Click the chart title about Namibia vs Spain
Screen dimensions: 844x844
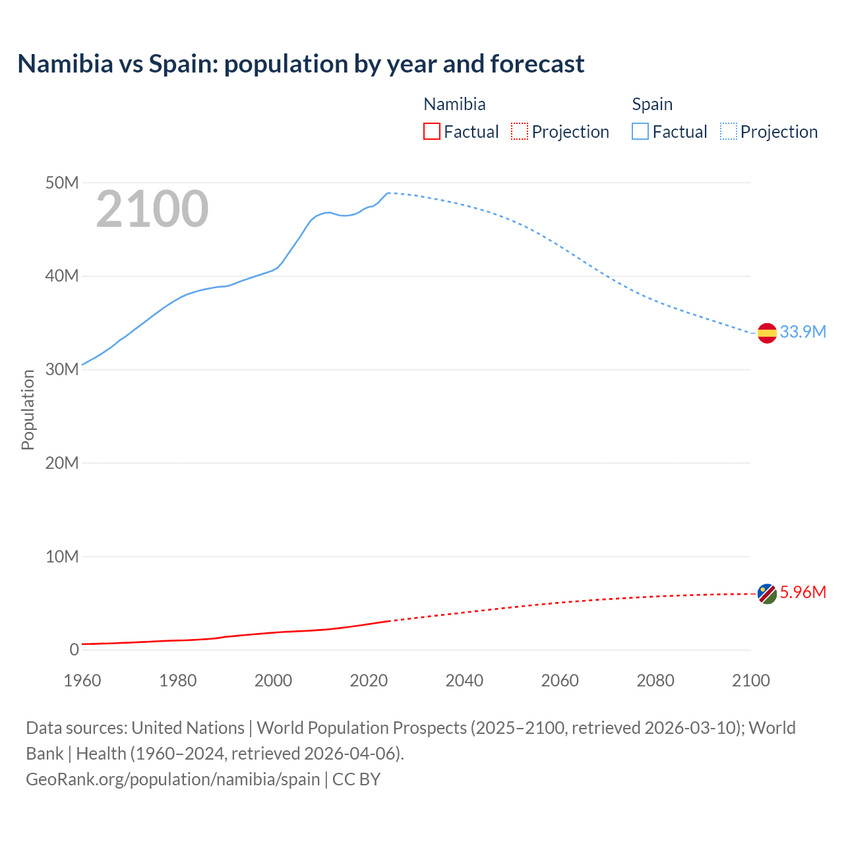tap(301, 64)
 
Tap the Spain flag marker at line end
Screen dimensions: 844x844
tap(767, 333)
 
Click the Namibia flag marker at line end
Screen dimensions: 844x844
tap(767, 593)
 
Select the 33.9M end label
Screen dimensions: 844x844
tap(802, 332)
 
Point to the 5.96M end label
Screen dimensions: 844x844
tap(802, 592)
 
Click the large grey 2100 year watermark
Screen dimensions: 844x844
tap(152, 209)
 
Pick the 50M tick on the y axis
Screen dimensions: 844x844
tap(62, 183)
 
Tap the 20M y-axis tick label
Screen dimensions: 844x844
tap(62, 463)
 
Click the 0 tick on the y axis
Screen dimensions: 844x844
tap(74, 649)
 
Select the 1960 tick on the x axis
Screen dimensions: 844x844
tap(82, 680)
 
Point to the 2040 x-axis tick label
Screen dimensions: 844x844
tap(464, 680)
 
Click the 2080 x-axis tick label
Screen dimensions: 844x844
tap(655, 680)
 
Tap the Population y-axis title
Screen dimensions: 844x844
tap(28, 409)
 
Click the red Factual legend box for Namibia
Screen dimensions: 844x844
tap(431, 131)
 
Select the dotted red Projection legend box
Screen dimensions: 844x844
tap(520, 131)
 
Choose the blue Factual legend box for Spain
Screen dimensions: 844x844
tap(640, 131)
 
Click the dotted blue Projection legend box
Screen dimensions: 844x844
tap(728, 131)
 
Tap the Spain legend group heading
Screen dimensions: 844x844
tap(652, 104)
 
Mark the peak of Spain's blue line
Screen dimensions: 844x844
tap(389, 193)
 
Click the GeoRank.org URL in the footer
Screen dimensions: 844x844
tap(173, 779)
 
